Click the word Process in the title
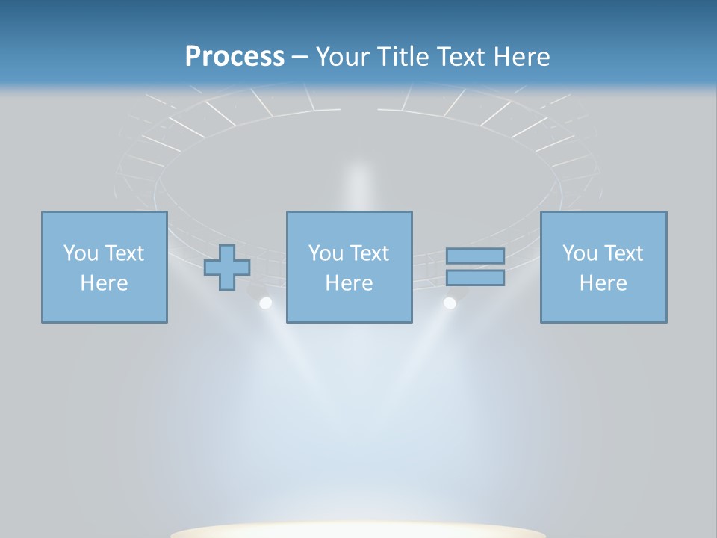(235, 57)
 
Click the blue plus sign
(227, 268)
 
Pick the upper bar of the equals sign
(475, 256)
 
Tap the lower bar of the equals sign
(475, 278)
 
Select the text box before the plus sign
(104, 267)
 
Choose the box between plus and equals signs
(349, 267)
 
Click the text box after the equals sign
(603, 267)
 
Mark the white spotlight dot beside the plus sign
(265, 303)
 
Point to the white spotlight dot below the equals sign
(450, 303)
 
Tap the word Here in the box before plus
(104, 283)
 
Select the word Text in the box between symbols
(370, 253)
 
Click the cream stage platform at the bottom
(358, 530)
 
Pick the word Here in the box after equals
(603, 283)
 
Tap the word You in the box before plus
(81, 253)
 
